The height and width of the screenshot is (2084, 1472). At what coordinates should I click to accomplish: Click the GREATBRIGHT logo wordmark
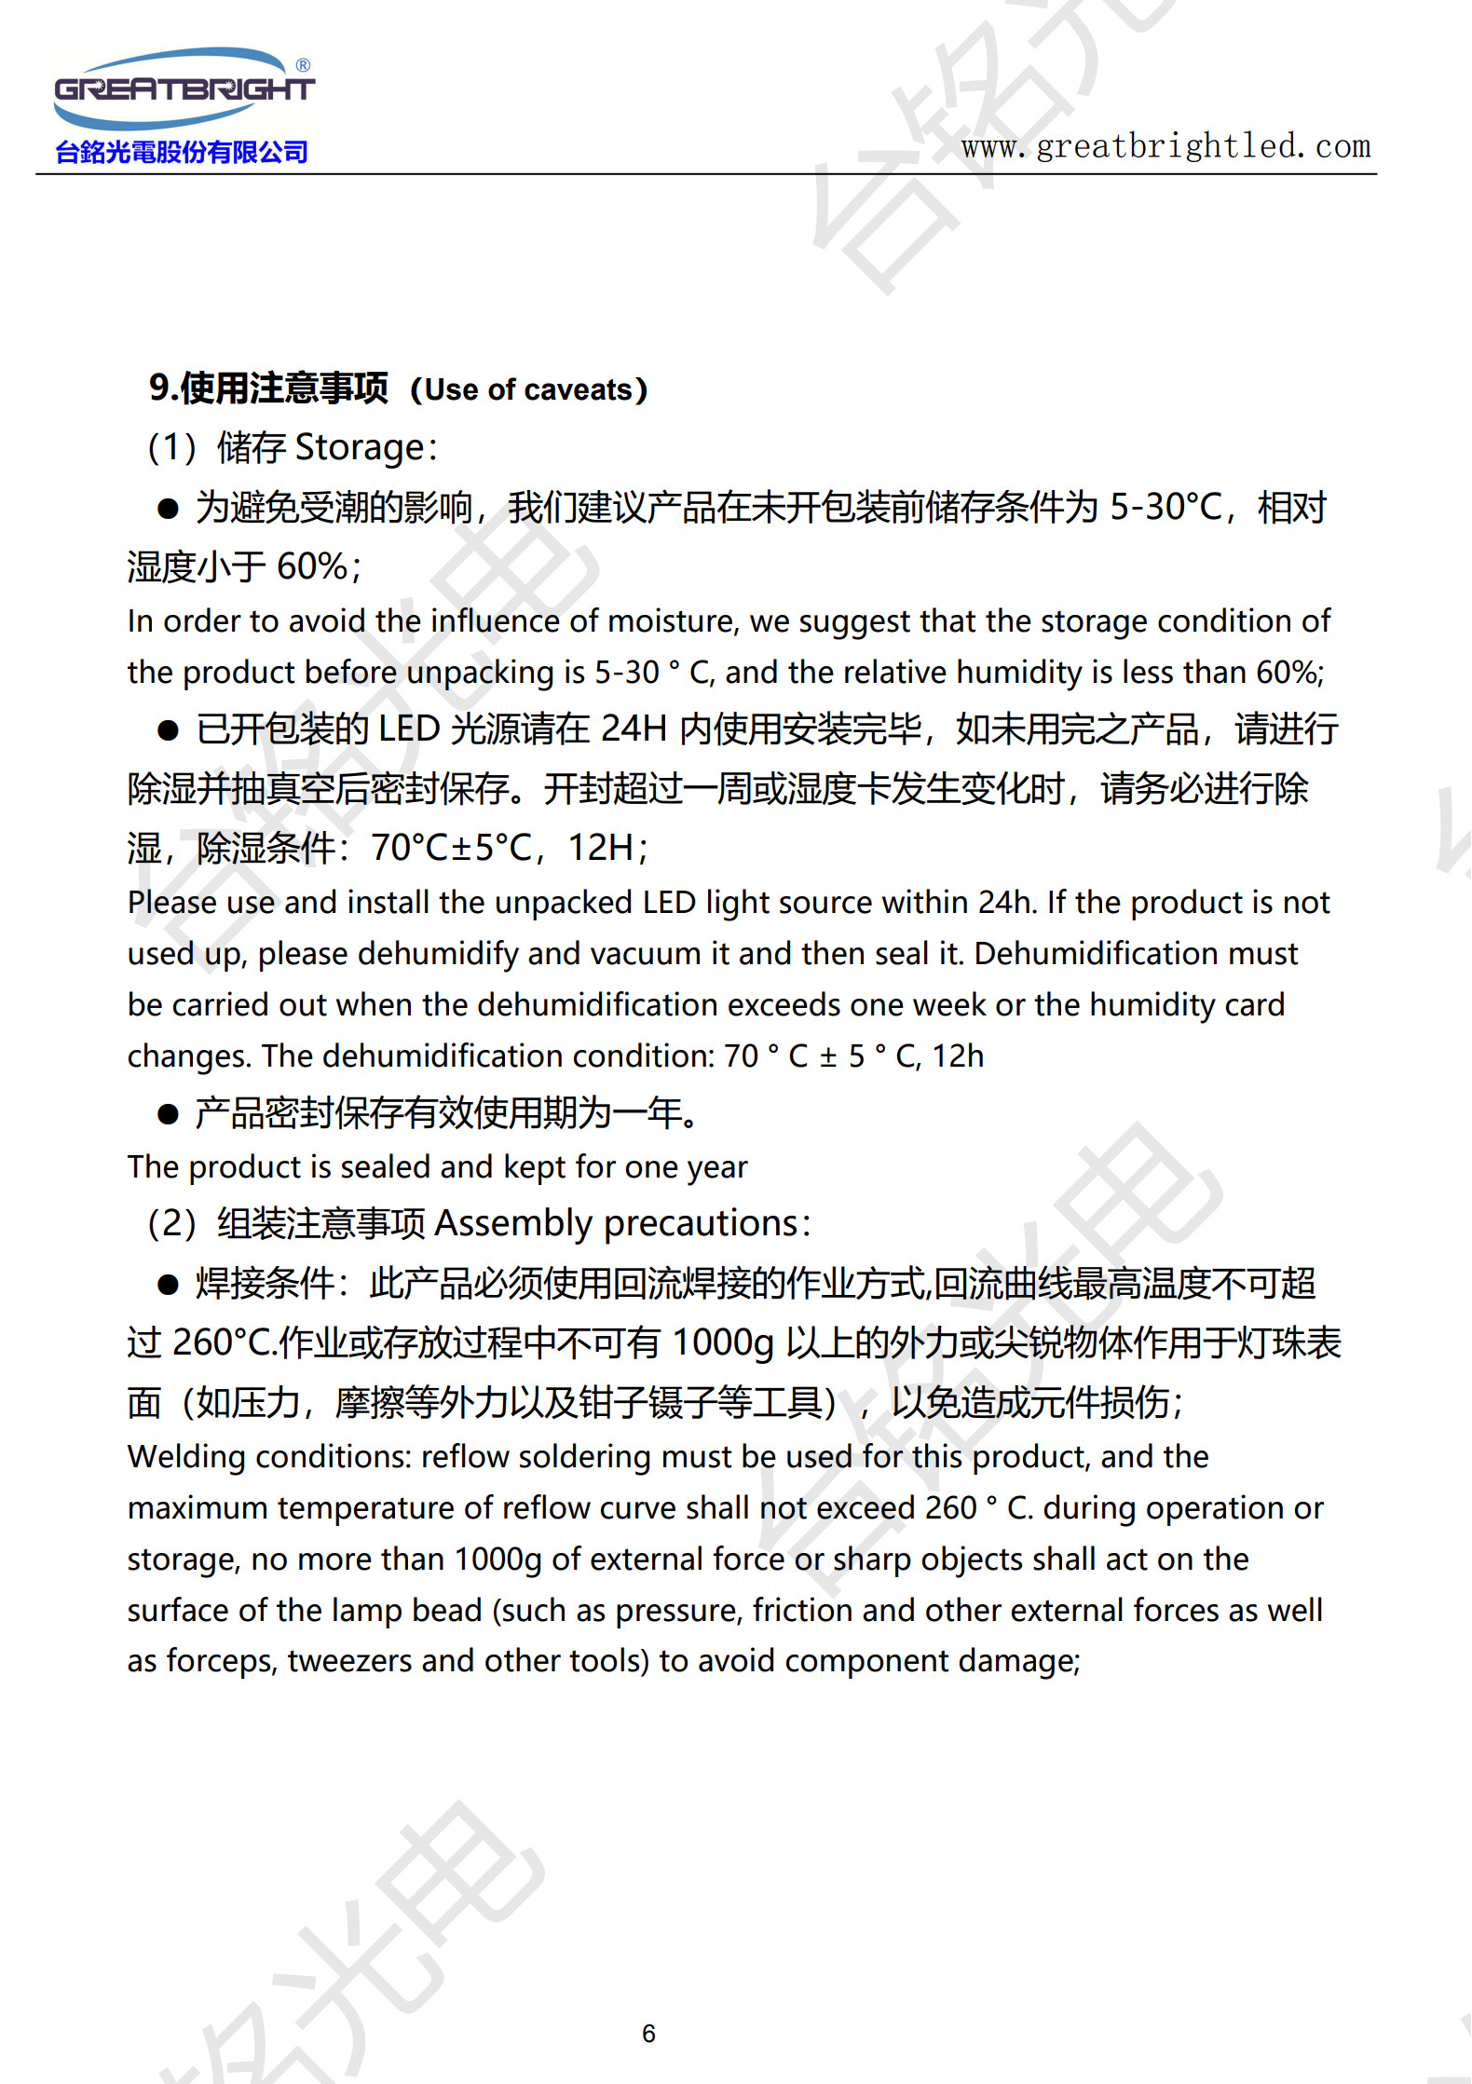(x=184, y=89)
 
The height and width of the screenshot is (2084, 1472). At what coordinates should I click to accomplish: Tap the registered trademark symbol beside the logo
(x=303, y=65)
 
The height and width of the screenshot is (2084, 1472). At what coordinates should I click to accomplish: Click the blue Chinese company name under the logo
(x=182, y=152)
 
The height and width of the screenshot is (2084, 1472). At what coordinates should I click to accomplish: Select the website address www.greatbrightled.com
(x=1165, y=146)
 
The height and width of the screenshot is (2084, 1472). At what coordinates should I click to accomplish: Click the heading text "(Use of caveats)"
(x=528, y=389)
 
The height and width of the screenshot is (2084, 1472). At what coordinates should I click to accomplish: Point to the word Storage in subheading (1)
(x=360, y=448)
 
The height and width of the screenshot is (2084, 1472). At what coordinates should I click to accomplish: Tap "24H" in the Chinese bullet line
(x=634, y=729)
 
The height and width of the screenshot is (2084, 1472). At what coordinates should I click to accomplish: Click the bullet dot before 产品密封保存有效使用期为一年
(x=168, y=1114)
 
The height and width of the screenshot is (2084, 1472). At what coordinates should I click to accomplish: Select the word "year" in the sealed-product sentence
(x=717, y=1167)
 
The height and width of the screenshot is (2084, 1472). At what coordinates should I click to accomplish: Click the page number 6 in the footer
(x=649, y=2034)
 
